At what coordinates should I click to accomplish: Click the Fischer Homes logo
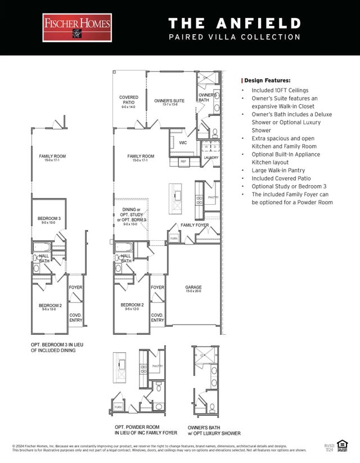click(x=77, y=28)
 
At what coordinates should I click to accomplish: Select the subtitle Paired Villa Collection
click(x=235, y=37)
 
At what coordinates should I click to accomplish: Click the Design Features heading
click(x=267, y=80)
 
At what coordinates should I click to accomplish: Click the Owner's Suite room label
click(x=169, y=102)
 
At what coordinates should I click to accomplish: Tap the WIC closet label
click(x=183, y=143)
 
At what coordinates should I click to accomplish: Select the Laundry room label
click(x=210, y=158)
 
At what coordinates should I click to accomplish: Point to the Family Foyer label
click(x=195, y=225)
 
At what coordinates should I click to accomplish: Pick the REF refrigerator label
click(x=183, y=162)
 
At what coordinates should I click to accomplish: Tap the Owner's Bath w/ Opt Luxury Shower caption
click(x=214, y=430)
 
